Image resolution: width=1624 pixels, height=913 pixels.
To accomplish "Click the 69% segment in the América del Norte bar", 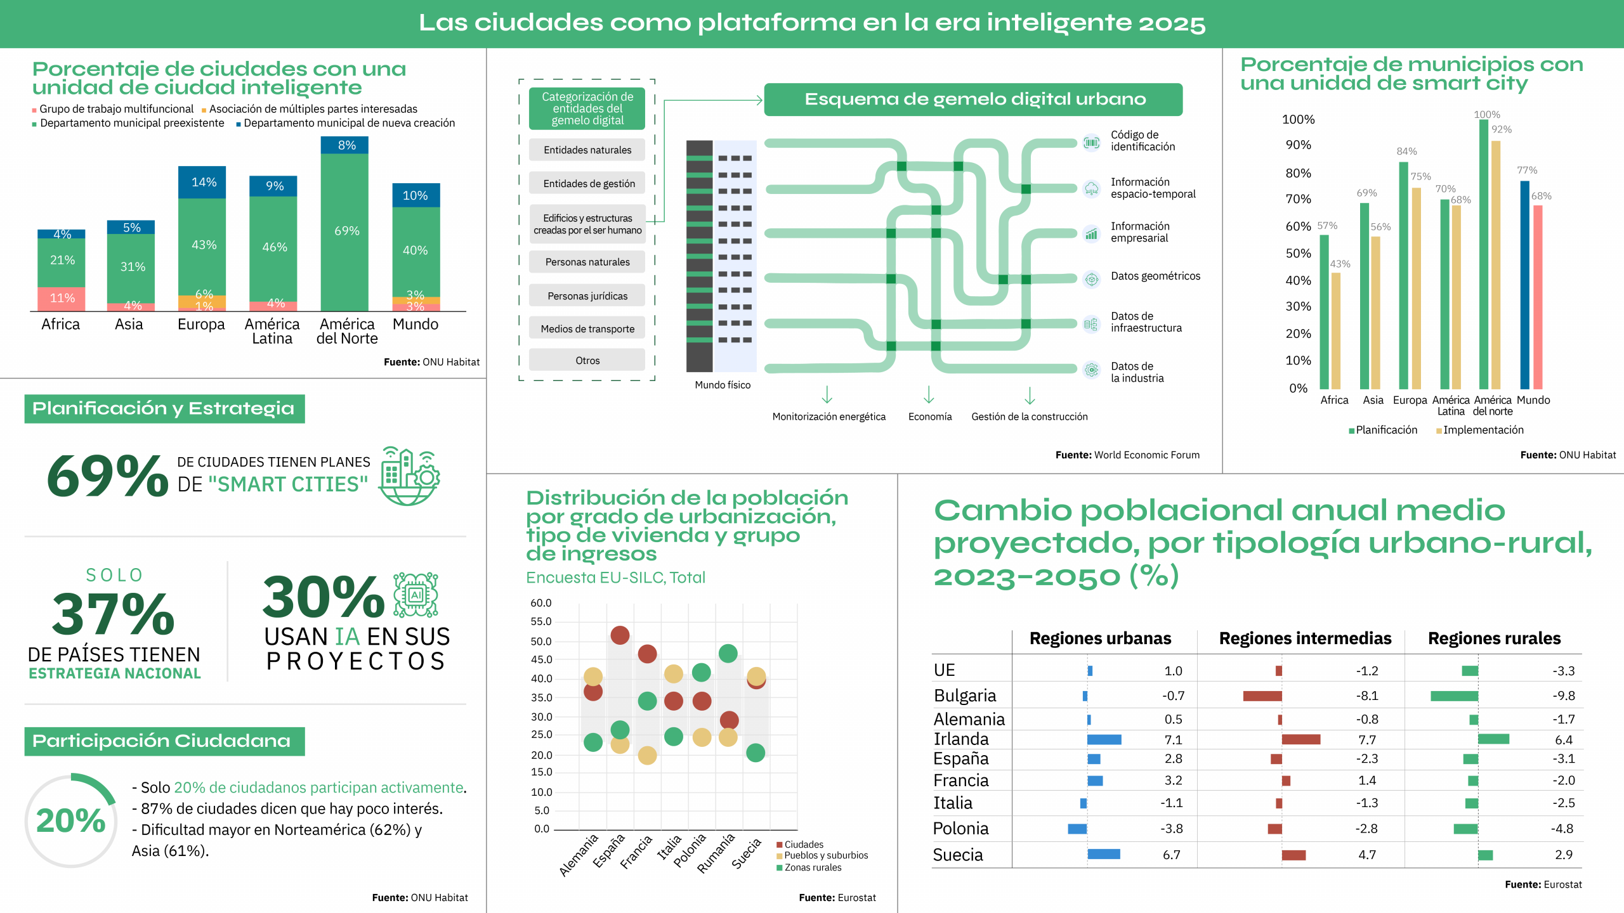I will pyautogui.click(x=346, y=231).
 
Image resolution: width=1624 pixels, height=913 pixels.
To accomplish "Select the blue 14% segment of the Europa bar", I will pyautogui.click(x=202, y=183).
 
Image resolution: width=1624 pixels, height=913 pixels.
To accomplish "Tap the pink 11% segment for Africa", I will pyautogui.click(x=62, y=298).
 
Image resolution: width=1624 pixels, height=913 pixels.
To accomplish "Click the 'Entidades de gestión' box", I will pyautogui.click(x=588, y=184).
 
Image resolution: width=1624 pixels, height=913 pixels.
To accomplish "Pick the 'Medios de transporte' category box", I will pyautogui.click(x=587, y=328).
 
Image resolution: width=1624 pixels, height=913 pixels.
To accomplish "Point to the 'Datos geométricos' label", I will pyautogui.click(x=1155, y=276).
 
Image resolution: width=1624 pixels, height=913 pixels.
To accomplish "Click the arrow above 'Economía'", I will pyautogui.click(x=929, y=395).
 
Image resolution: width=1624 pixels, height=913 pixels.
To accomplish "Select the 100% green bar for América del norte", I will pyautogui.click(x=1483, y=254).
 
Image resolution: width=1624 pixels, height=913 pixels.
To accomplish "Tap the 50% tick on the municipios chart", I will pyautogui.click(x=1297, y=254).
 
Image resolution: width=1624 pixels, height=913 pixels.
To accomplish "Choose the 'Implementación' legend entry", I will pyautogui.click(x=1481, y=431).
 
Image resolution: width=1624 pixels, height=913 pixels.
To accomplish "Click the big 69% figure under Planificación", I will pyautogui.click(x=107, y=476).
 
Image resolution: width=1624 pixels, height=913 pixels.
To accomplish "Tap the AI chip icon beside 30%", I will pyautogui.click(x=416, y=595).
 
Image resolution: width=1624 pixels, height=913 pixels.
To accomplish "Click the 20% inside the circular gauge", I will pyautogui.click(x=70, y=821).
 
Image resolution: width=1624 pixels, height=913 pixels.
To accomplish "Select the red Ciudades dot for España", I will pyautogui.click(x=619, y=635).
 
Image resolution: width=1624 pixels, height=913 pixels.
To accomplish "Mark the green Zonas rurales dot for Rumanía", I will pyautogui.click(x=728, y=653).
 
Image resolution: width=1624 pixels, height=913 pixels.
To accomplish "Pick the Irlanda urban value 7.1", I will pyautogui.click(x=1172, y=740).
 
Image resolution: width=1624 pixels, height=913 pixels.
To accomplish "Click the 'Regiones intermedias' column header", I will pyautogui.click(x=1304, y=638).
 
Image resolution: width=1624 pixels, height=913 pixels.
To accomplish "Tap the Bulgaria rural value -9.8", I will pyautogui.click(x=1563, y=696).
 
